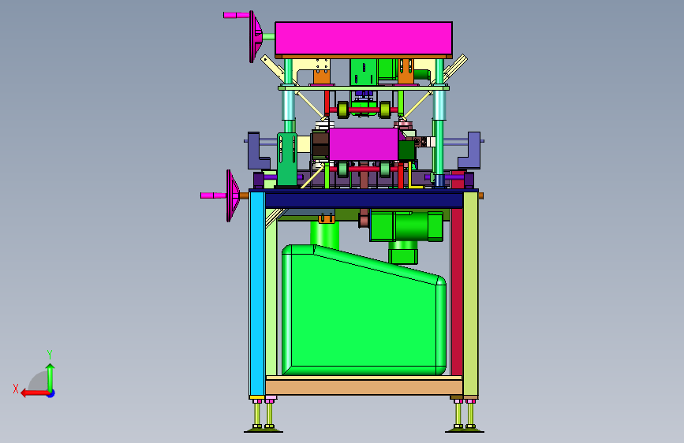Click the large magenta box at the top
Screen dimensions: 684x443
coord(364,38)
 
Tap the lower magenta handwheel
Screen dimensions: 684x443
coord(232,195)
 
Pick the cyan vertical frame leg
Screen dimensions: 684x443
coord(257,293)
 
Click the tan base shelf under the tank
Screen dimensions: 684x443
coord(364,385)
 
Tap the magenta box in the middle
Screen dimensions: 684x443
coord(364,144)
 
